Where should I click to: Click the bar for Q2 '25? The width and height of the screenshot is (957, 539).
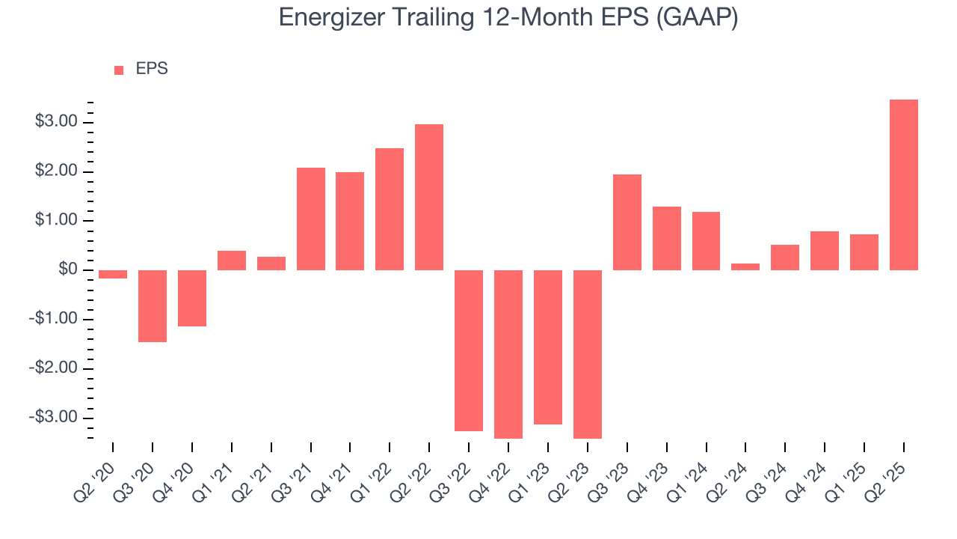903,185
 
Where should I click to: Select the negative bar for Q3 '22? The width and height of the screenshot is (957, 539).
469,350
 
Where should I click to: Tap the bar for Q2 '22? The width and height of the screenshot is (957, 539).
429,197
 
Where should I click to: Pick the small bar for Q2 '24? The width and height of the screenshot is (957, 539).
745,267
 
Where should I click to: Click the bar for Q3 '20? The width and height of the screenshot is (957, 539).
153,306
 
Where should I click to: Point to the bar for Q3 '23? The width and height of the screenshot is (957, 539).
627,222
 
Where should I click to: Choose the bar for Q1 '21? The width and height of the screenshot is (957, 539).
232,261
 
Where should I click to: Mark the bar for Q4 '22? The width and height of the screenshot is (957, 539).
508,354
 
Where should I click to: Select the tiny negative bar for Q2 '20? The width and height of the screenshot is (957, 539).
113,274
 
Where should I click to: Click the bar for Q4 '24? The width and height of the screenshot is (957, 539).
825,251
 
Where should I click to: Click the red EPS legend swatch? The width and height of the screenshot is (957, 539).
119,70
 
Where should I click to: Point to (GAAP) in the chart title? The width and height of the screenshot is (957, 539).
697,17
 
